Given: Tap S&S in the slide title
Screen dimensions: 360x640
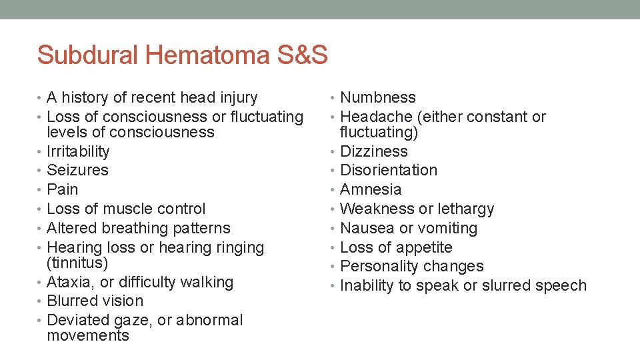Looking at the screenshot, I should pyautogui.click(x=300, y=55).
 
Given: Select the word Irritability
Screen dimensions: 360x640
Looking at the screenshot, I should pyautogui.click(x=78, y=151).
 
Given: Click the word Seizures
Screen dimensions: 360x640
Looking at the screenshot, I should pyautogui.click(x=77, y=171).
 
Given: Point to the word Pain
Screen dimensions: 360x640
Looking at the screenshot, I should pyautogui.click(x=63, y=190).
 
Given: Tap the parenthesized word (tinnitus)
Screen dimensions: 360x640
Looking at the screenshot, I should pyautogui.click(x=77, y=263).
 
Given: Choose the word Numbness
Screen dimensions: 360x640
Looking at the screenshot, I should pyautogui.click(x=378, y=98).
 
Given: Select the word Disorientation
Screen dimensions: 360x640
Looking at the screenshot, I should pyautogui.click(x=389, y=171).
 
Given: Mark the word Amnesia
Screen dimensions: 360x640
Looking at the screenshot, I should pyautogui.click(x=371, y=190).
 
